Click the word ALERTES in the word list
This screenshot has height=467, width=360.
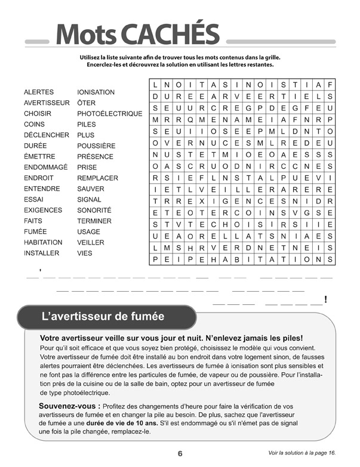point(39,92)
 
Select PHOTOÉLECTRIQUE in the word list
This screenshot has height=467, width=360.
point(109,114)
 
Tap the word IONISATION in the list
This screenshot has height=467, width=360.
point(96,92)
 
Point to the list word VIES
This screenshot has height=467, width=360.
point(85,253)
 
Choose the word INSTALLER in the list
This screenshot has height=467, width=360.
point(41,253)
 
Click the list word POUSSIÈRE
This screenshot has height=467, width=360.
point(96,146)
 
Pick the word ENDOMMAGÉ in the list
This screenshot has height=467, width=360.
point(46,168)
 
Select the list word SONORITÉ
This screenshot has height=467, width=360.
point(94,211)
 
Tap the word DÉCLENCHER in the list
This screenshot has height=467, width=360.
point(47,135)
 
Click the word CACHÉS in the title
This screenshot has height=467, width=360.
point(176,35)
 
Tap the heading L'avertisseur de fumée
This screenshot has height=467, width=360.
point(103,316)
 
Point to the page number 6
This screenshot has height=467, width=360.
point(180,453)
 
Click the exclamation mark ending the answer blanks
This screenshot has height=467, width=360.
point(325,299)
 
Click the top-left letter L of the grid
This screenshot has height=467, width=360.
point(155,85)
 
